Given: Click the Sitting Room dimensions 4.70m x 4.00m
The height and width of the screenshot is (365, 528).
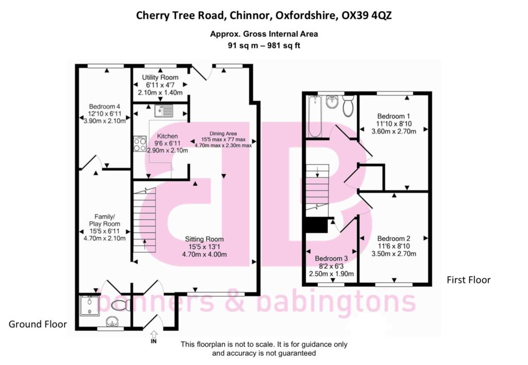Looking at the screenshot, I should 205,254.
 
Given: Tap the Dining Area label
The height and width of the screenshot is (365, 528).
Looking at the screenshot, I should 223,133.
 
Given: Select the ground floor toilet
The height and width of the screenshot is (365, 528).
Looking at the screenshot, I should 119,304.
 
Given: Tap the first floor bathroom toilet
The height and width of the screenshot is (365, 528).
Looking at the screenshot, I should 348,105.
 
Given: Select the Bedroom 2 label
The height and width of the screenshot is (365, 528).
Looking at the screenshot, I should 393,238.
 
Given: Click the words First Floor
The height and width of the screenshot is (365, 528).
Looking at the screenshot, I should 468,280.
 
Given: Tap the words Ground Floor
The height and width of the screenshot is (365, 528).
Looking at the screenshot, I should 38,324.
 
